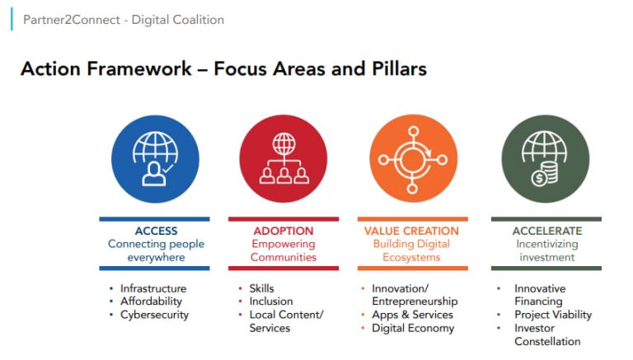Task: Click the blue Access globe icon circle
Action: (154, 158)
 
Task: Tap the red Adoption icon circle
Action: (283, 158)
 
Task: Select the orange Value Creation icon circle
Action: (413, 158)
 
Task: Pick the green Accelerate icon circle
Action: (546, 158)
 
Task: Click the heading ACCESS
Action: (156, 231)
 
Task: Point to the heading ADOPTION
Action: (283, 231)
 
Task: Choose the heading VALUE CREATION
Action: (411, 231)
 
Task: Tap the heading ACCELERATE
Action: (546, 231)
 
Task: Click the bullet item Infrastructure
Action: (153, 288)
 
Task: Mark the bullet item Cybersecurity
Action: (154, 315)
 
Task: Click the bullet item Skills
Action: (261, 288)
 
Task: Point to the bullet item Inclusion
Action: (270, 302)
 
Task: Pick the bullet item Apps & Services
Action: (412, 315)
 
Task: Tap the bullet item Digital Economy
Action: (413, 328)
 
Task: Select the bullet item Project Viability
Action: (553, 315)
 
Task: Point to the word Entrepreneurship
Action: (415, 302)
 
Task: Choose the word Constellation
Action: (547, 341)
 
